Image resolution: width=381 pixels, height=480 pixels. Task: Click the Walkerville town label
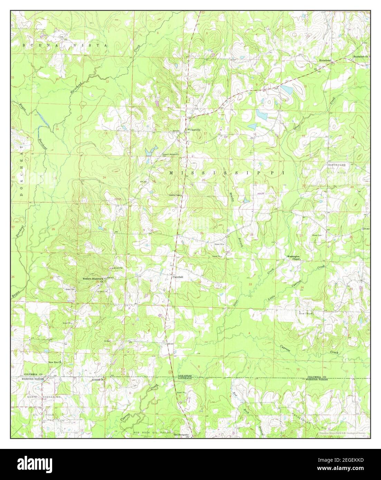point(194,130)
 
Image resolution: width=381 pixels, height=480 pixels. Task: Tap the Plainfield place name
point(178,277)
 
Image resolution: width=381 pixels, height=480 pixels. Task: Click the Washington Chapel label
point(294,258)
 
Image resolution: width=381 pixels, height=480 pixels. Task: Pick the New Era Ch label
point(55,362)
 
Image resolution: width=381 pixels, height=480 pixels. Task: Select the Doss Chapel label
point(306,313)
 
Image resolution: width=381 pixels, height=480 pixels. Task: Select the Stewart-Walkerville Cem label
point(168,154)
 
